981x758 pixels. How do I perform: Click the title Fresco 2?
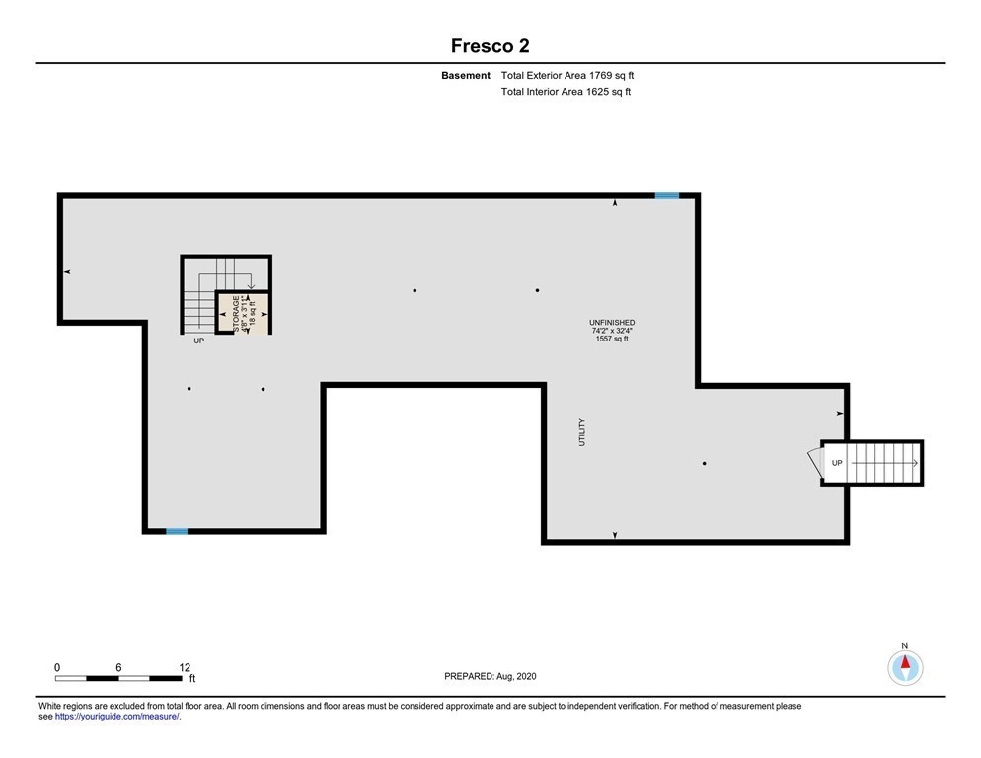point(490,45)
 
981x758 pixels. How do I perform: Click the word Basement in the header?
point(466,76)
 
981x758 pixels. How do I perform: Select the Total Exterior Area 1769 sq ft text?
point(567,76)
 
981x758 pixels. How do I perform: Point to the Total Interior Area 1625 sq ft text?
point(566,92)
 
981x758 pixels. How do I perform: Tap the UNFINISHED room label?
point(612,323)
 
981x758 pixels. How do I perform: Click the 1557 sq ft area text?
point(612,339)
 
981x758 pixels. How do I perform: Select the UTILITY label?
point(582,432)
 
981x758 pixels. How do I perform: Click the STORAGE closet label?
point(236,314)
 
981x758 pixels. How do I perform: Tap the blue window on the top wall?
point(667,196)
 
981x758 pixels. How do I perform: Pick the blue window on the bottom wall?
point(177,531)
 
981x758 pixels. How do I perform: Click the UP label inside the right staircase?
point(837,463)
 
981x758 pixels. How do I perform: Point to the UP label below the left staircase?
point(199,341)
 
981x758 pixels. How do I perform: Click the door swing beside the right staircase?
point(814,462)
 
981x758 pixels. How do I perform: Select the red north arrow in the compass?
point(905,662)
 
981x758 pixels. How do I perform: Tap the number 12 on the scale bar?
point(185,668)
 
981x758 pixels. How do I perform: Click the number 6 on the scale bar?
point(118,668)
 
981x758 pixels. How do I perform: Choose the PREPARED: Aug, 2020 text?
point(490,677)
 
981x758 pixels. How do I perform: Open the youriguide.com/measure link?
point(117,717)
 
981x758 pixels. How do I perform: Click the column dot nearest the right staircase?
point(705,464)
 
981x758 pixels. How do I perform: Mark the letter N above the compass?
point(905,645)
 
